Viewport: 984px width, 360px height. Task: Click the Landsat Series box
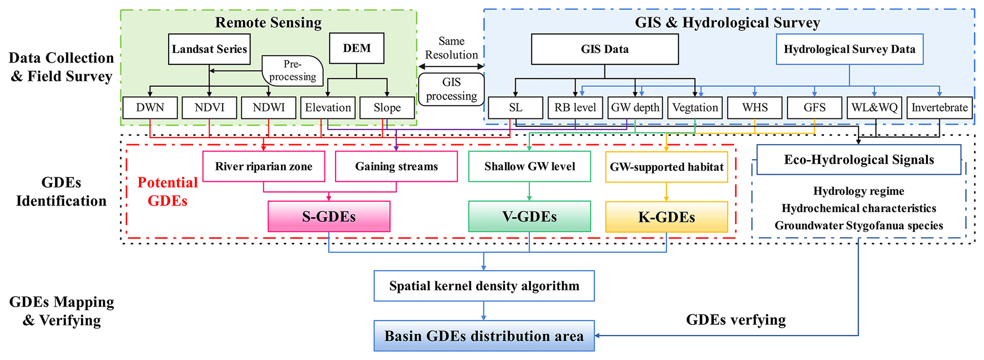[209, 49]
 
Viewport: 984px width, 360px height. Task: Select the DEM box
[357, 48]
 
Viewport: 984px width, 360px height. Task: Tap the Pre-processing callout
[292, 70]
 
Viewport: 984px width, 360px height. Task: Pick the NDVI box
[209, 108]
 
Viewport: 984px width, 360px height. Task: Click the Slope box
[387, 108]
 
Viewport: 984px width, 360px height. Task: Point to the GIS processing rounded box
[451, 89]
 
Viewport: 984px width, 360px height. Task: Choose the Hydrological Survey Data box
[849, 49]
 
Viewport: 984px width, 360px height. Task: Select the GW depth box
[635, 108]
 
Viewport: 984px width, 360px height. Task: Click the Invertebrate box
[939, 108]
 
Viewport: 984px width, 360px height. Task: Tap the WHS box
[755, 108]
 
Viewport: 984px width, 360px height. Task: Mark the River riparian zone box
[264, 166]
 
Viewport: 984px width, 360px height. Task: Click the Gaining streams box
[396, 166]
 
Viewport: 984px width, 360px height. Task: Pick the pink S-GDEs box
[329, 217]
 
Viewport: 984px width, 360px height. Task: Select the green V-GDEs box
[529, 217]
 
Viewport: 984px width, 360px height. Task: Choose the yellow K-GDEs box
[666, 217]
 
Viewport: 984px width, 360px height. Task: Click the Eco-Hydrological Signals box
[859, 160]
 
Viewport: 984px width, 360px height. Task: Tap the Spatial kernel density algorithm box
[484, 286]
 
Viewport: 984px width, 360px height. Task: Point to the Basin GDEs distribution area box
[484, 336]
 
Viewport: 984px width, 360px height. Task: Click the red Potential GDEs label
[167, 191]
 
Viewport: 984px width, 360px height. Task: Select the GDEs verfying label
[736, 320]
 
